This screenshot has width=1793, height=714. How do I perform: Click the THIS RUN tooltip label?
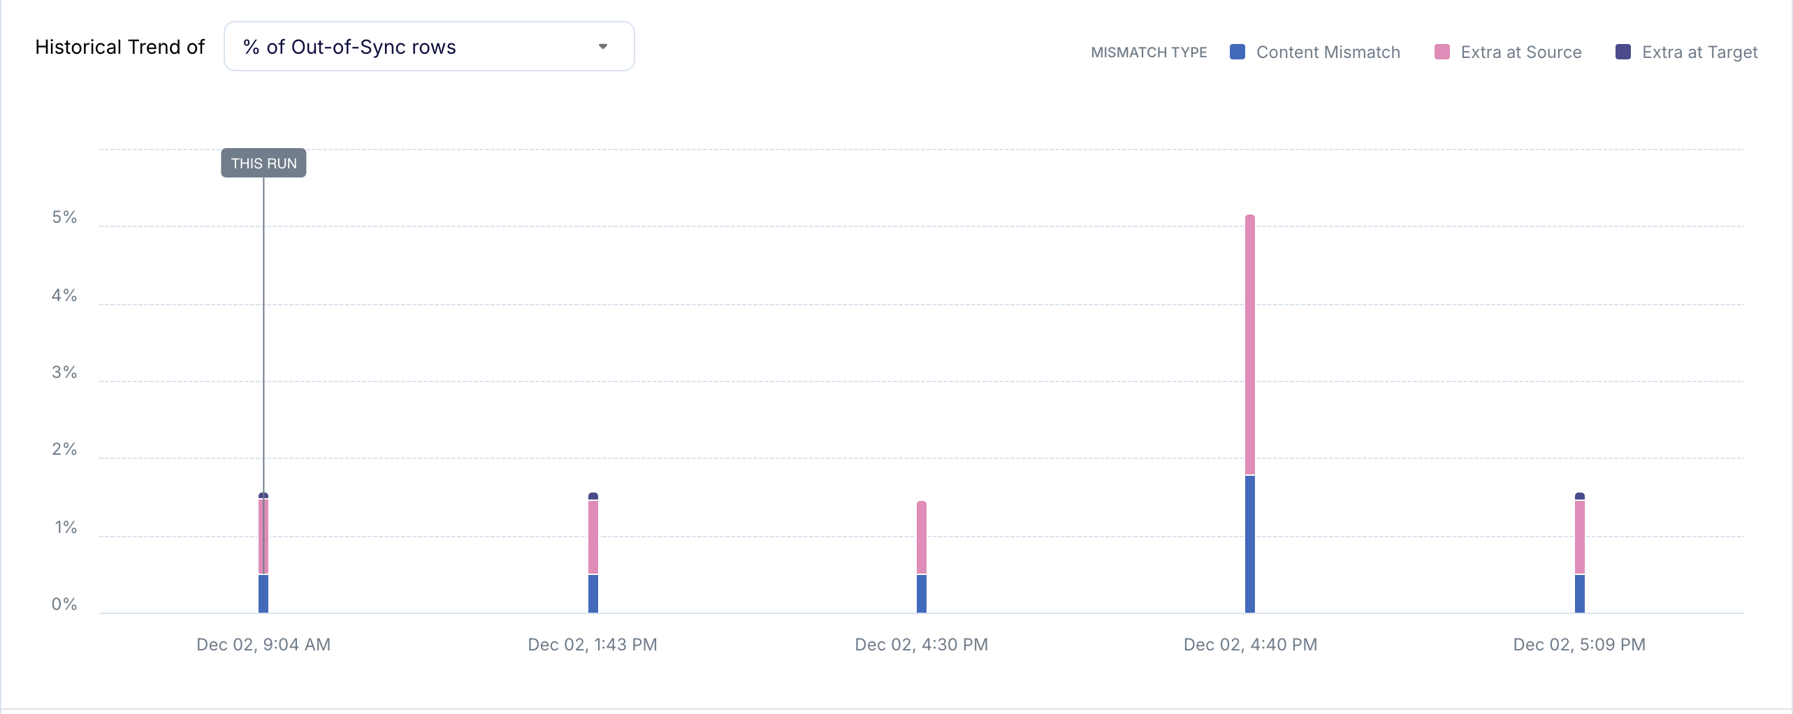pyautogui.click(x=263, y=163)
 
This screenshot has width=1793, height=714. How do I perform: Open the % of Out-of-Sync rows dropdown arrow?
pyautogui.click(x=602, y=47)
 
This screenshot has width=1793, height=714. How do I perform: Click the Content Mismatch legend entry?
pyautogui.click(x=1315, y=52)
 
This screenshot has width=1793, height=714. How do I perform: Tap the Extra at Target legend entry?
pyautogui.click(x=1687, y=52)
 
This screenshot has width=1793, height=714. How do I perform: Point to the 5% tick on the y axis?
pyautogui.click(x=64, y=217)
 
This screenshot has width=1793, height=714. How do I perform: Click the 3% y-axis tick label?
pyautogui.click(x=64, y=372)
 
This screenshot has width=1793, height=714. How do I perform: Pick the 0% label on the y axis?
pyautogui.click(x=64, y=604)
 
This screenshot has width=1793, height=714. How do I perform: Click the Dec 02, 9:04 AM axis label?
pyautogui.click(x=263, y=645)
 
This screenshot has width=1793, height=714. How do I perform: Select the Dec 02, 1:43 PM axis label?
pyautogui.click(x=593, y=645)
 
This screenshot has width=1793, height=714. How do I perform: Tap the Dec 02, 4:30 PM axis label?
pyautogui.click(x=922, y=645)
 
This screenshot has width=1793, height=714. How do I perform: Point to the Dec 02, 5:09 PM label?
pyautogui.click(x=1579, y=645)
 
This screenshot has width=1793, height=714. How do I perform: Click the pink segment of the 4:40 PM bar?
pyautogui.click(x=1250, y=346)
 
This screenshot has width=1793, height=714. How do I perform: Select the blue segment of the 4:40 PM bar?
pyautogui.click(x=1250, y=545)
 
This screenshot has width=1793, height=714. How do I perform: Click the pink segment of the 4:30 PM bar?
pyautogui.click(x=922, y=538)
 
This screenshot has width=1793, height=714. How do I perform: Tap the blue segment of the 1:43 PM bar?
pyautogui.click(x=593, y=594)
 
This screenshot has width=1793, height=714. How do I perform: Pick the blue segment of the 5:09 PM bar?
pyautogui.click(x=1580, y=594)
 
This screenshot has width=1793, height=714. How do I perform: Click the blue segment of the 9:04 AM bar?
pyautogui.click(x=263, y=594)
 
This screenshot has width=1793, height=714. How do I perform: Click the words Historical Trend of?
pyautogui.click(x=119, y=47)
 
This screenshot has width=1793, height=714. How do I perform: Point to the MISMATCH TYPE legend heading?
pyautogui.click(x=1149, y=52)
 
